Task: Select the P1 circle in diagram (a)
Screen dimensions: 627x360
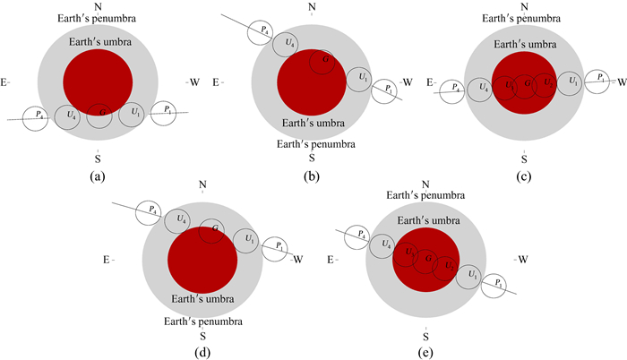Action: pyautogui.click(x=162, y=112)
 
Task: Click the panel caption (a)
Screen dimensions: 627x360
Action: pyautogui.click(x=98, y=176)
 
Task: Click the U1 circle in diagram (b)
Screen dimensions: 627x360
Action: pyautogui.click(x=357, y=79)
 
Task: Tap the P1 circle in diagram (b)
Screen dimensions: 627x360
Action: pyautogui.click(x=386, y=90)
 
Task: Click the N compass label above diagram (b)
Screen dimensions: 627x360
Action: pyautogui.click(x=312, y=8)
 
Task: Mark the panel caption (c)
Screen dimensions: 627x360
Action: pyautogui.click(x=525, y=176)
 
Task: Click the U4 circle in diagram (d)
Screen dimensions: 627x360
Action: pyautogui.click(x=181, y=219)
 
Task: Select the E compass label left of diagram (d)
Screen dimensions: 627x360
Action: pyautogui.click(x=107, y=260)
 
